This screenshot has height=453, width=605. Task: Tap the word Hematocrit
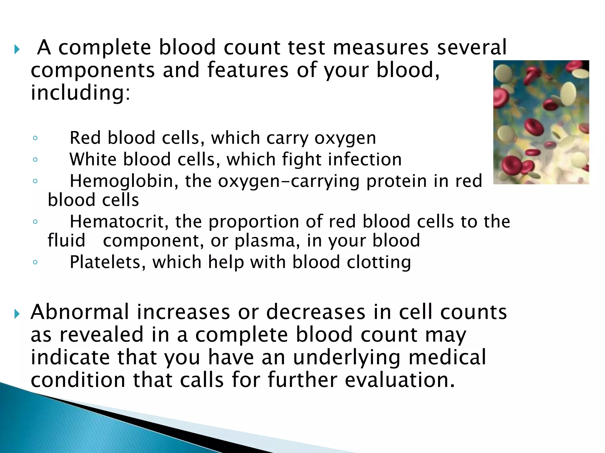[x=119, y=221]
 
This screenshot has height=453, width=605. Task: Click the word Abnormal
[x=80, y=312]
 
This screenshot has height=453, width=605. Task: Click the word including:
[x=80, y=93]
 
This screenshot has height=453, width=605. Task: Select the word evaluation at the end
[x=400, y=380]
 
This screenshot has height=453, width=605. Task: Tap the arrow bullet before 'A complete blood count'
[x=17, y=49]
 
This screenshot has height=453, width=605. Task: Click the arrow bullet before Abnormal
[x=17, y=314]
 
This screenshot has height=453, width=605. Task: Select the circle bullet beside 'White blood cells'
[x=35, y=160]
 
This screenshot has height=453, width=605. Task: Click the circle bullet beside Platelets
[x=35, y=262]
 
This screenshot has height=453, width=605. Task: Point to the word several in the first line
[x=472, y=47]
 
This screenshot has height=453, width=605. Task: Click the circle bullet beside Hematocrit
[x=35, y=221]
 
